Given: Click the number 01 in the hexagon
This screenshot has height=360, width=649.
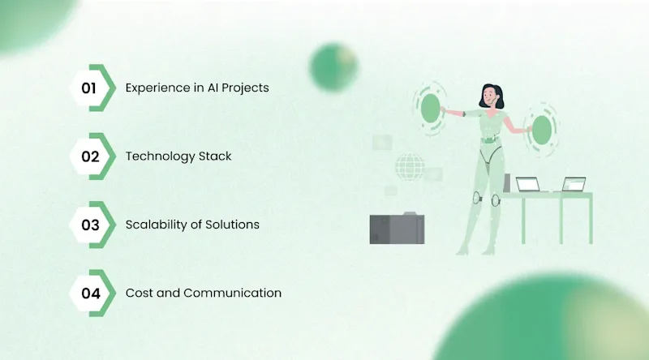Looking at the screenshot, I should tap(90, 88).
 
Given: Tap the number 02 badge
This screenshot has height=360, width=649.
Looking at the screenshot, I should tap(90, 156).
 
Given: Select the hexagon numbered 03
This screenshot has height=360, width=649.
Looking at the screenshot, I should tap(90, 225).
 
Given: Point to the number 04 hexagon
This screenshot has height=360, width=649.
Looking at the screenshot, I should tap(90, 293).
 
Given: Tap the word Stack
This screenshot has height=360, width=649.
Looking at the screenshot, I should tap(215, 156).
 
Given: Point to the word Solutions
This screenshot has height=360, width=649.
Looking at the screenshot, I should tap(233, 225).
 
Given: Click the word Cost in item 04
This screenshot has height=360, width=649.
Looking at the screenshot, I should tap(139, 293).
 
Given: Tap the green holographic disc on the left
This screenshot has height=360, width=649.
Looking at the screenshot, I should tap(429, 109).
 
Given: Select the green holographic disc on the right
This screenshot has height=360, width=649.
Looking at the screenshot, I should tap(539, 130).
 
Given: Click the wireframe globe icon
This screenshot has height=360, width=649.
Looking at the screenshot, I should tap(409, 167).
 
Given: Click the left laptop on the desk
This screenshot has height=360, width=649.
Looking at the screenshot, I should tap(529, 185).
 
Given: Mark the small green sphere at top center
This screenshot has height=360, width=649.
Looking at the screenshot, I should tap(333, 66).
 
